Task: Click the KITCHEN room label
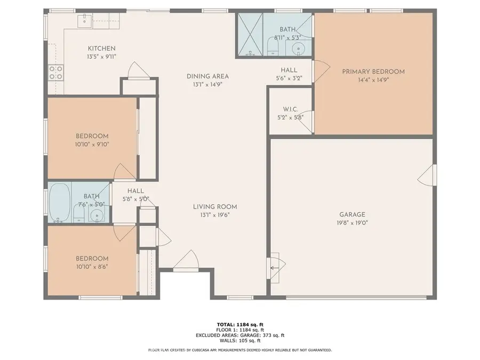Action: point(101,49)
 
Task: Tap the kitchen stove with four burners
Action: point(55,73)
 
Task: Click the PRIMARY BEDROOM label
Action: point(373,71)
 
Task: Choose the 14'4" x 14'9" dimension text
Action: point(373,80)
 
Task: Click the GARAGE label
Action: point(349,215)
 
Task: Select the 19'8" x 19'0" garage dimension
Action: point(349,224)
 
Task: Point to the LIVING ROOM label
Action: point(215,207)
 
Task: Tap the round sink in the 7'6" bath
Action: point(97,215)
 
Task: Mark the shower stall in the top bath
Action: point(250,35)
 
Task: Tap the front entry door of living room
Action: point(186,261)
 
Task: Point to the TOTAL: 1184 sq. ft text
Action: point(240,324)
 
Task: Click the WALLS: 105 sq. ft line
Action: point(240,340)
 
